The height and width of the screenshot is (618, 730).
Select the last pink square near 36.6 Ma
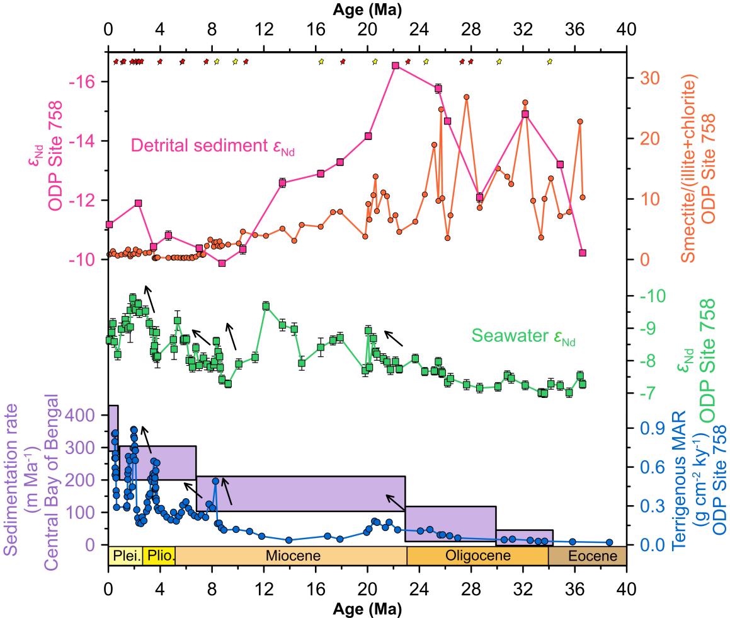pyautogui.click(x=583, y=253)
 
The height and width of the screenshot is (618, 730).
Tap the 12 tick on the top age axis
pyautogui.click(x=263, y=29)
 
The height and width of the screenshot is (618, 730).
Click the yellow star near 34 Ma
pyautogui.click(x=550, y=61)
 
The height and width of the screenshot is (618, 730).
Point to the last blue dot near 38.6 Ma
pyautogui.click(x=609, y=542)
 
